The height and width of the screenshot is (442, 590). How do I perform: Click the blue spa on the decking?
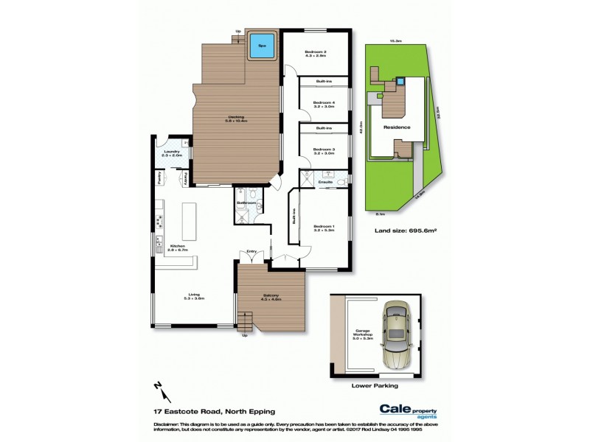point(261,46)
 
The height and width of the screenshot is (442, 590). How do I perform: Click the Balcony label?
point(271,297)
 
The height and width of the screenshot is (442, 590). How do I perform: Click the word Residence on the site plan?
point(397,127)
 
